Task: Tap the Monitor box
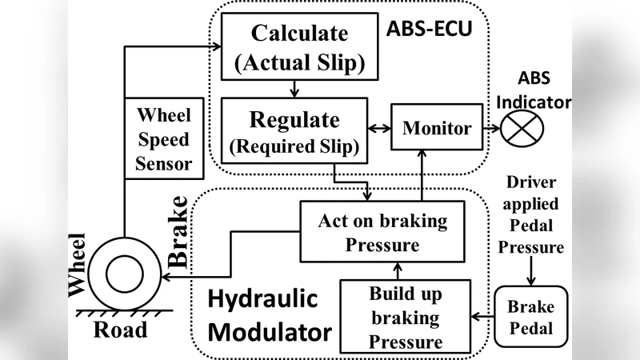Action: tap(437, 128)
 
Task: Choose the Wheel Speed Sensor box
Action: tap(163, 139)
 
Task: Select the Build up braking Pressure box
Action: tap(404, 318)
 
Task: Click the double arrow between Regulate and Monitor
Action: tap(378, 128)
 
